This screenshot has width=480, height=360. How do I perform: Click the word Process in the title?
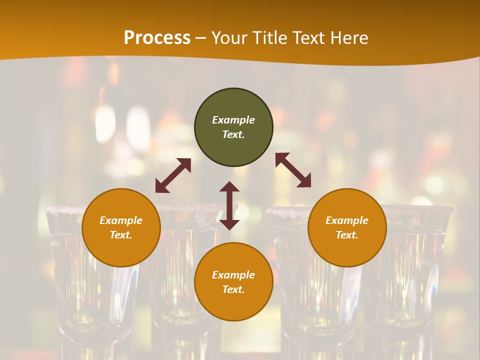157,37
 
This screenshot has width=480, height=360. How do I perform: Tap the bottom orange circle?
233,305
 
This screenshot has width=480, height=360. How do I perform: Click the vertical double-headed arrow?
229,205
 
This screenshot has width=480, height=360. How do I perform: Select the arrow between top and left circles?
173,175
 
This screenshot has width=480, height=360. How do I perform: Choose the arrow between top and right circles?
293,170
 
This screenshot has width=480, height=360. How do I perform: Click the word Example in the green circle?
233,120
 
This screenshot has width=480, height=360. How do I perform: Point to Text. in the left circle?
121,235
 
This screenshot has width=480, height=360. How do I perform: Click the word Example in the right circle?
347,220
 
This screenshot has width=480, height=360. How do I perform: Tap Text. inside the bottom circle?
233,289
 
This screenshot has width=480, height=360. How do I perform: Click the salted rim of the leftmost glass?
62,209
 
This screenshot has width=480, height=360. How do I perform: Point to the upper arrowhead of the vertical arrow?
229,187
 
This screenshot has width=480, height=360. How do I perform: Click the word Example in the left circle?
121,220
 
